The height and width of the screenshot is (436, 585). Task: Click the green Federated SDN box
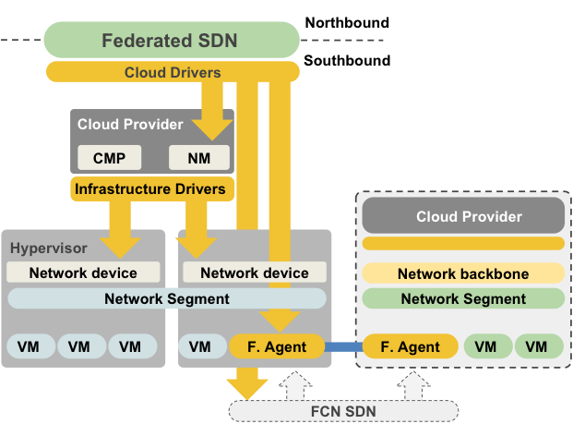171,41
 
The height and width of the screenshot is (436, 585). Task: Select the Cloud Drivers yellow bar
172,72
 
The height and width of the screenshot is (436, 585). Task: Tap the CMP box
109,158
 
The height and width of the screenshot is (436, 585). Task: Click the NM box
198,158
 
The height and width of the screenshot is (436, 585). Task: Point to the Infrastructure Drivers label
149,189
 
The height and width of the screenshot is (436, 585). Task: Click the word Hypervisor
48,248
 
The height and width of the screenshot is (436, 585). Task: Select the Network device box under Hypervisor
83,272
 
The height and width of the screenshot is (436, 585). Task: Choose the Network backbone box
462,274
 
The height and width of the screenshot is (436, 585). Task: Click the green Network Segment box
462,298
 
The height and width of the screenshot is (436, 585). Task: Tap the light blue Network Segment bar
166,298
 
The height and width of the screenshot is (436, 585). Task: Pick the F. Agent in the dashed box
411,347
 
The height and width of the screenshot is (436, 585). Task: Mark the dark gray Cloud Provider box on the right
462,217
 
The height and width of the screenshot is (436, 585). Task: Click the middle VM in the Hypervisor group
79,347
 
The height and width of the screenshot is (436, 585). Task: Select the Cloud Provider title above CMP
130,125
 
